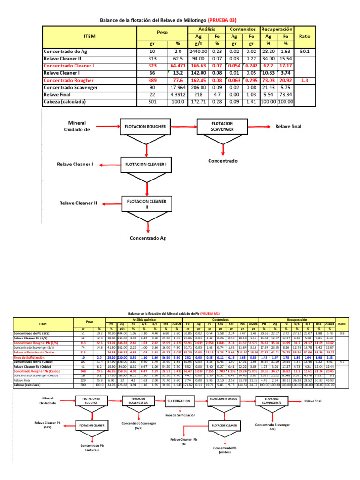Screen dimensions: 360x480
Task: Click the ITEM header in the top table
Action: [89, 36]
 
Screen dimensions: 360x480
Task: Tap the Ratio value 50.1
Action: [305, 52]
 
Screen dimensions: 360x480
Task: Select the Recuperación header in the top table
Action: [277, 29]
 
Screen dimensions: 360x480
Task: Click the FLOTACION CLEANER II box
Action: [144, 204]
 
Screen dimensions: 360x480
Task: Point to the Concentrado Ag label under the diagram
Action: [148, 238]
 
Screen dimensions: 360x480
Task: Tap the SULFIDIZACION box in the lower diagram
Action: [179, 388]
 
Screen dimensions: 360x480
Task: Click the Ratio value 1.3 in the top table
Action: [305, 80]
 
